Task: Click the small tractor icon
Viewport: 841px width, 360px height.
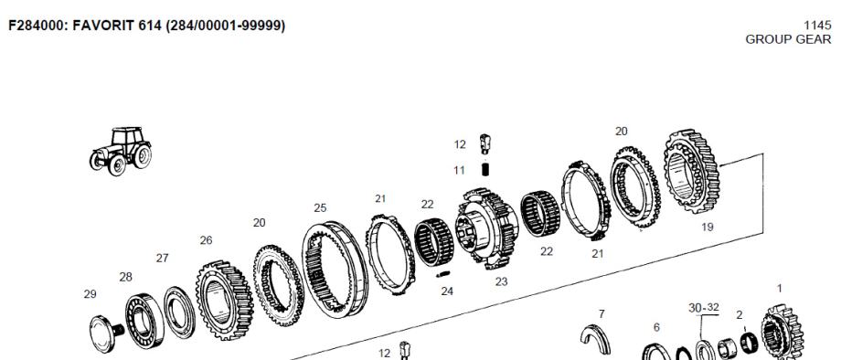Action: click(121, 151)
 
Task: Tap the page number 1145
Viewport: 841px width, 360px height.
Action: click(817, 26)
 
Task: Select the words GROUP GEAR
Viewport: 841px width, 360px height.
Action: click(788, 39)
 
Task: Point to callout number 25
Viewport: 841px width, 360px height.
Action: click(320, 207)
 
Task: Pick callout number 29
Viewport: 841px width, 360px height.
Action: click(90, 294)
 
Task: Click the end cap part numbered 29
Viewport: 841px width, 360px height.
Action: click(106, 334)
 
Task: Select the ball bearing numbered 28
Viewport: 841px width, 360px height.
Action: click(144, 321)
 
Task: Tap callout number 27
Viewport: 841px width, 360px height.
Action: click(163, 259)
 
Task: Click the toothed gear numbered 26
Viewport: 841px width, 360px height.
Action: click(224, 300)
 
